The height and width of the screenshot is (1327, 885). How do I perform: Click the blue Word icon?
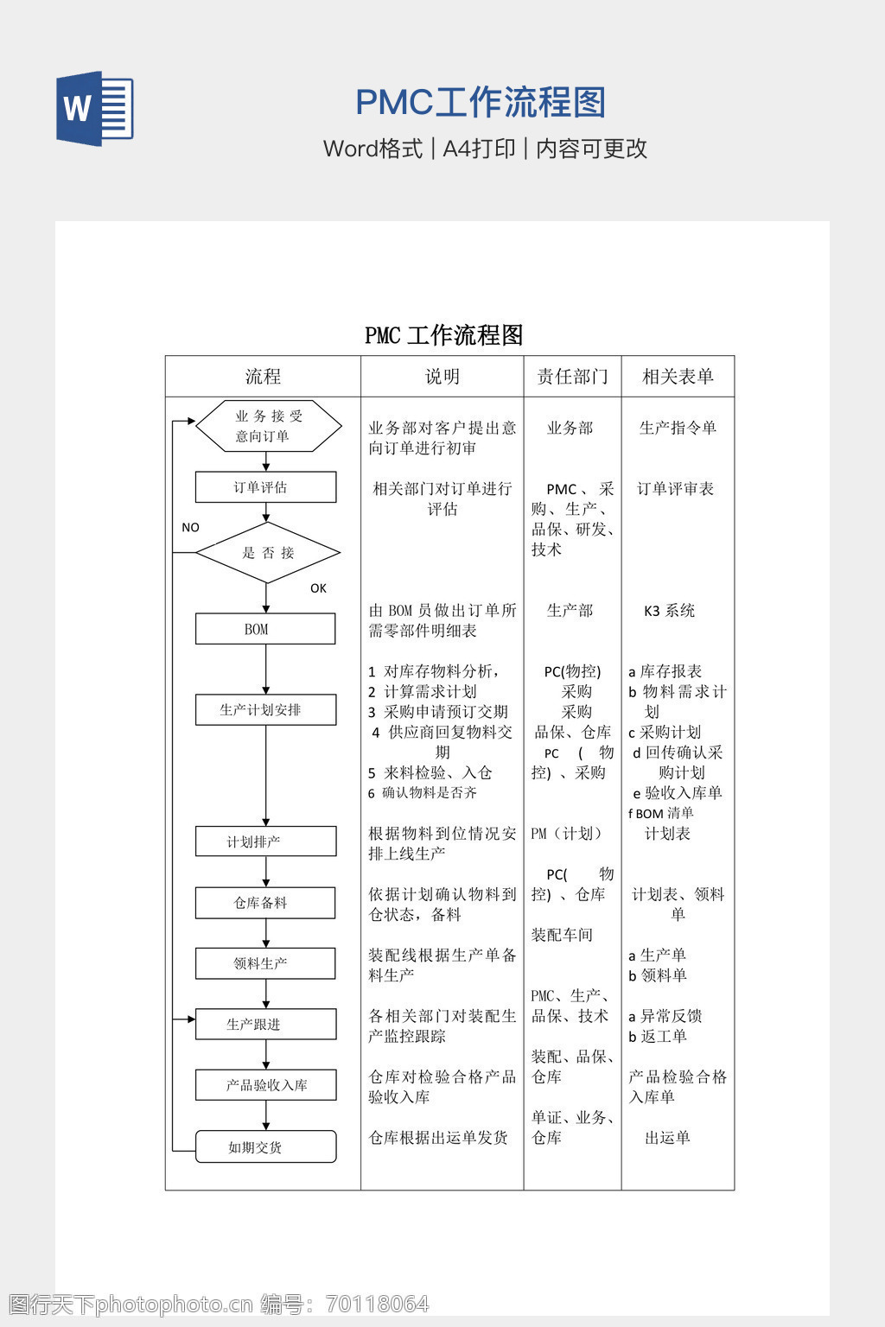(x=95, y=109)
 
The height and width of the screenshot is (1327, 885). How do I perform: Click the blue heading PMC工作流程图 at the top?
(x=481, y=103)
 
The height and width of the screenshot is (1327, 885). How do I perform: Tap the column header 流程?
(x=263, y=377)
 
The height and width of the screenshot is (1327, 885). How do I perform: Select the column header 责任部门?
(x=572, y=377)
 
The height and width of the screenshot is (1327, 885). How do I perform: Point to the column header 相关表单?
(x=678, y=377)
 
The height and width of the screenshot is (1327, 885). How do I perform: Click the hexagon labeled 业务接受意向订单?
(x=269, y=426)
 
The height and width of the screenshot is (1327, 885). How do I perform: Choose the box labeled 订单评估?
(x=265, y=487)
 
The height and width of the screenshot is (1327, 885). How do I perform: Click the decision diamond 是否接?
(x=268, y=553)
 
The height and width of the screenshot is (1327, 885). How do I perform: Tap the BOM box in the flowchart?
(x=264, y=629)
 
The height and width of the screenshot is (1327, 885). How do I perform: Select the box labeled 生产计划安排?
(x=265, y=710)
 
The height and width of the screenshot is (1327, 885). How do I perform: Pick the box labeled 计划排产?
(x=265, y=841)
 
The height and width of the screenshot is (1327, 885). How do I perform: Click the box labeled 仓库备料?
(x=265, y=903)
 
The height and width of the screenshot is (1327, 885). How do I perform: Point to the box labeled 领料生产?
(x=265, y=963)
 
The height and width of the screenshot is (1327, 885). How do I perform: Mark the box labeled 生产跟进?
(x=265, y=1025)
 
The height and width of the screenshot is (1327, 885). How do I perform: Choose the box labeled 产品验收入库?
(x=265, y=1085)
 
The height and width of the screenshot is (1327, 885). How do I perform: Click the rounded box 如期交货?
(x=265, y=1147)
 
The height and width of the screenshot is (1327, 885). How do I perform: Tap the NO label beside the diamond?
(x=190, y=527)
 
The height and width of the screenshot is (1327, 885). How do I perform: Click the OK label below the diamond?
(x=318, y=588)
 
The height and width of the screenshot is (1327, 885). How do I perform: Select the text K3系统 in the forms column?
(x=669, y=611)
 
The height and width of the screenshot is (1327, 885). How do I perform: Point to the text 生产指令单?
(x=678, y=428)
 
